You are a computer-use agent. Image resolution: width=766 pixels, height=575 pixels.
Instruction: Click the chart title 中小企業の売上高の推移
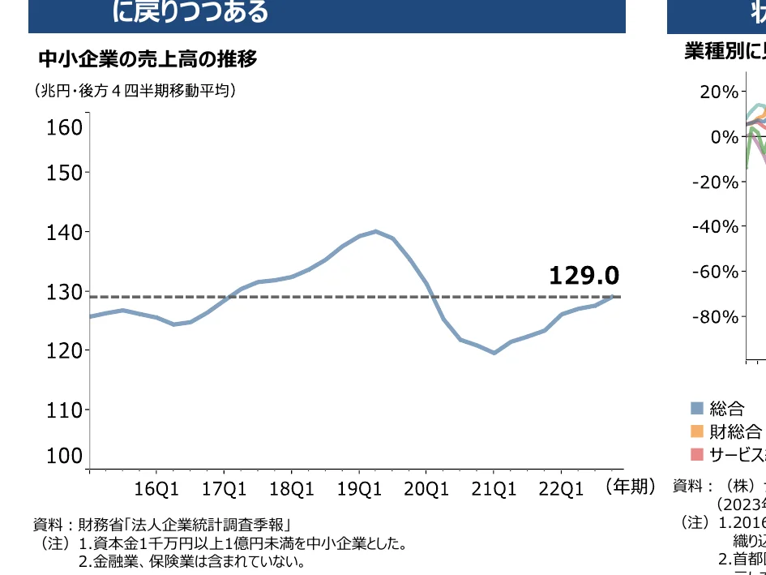[148, 59]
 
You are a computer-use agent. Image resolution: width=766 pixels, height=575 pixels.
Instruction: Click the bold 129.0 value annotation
[584, 276]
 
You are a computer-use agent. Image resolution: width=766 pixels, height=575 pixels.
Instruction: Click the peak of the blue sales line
[375, 231]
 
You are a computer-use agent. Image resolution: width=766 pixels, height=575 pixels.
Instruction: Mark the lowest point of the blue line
[494, 353]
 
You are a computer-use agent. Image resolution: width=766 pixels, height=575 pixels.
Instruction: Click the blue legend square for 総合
[697, 408]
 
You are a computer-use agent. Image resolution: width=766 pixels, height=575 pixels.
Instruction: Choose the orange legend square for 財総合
[697, 431]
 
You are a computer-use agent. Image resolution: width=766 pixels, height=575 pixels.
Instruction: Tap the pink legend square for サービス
[697, 453]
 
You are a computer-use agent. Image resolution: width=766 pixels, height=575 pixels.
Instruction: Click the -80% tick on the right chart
[714, 316]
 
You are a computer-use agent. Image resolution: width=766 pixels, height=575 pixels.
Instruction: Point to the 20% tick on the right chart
[719, 92]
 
